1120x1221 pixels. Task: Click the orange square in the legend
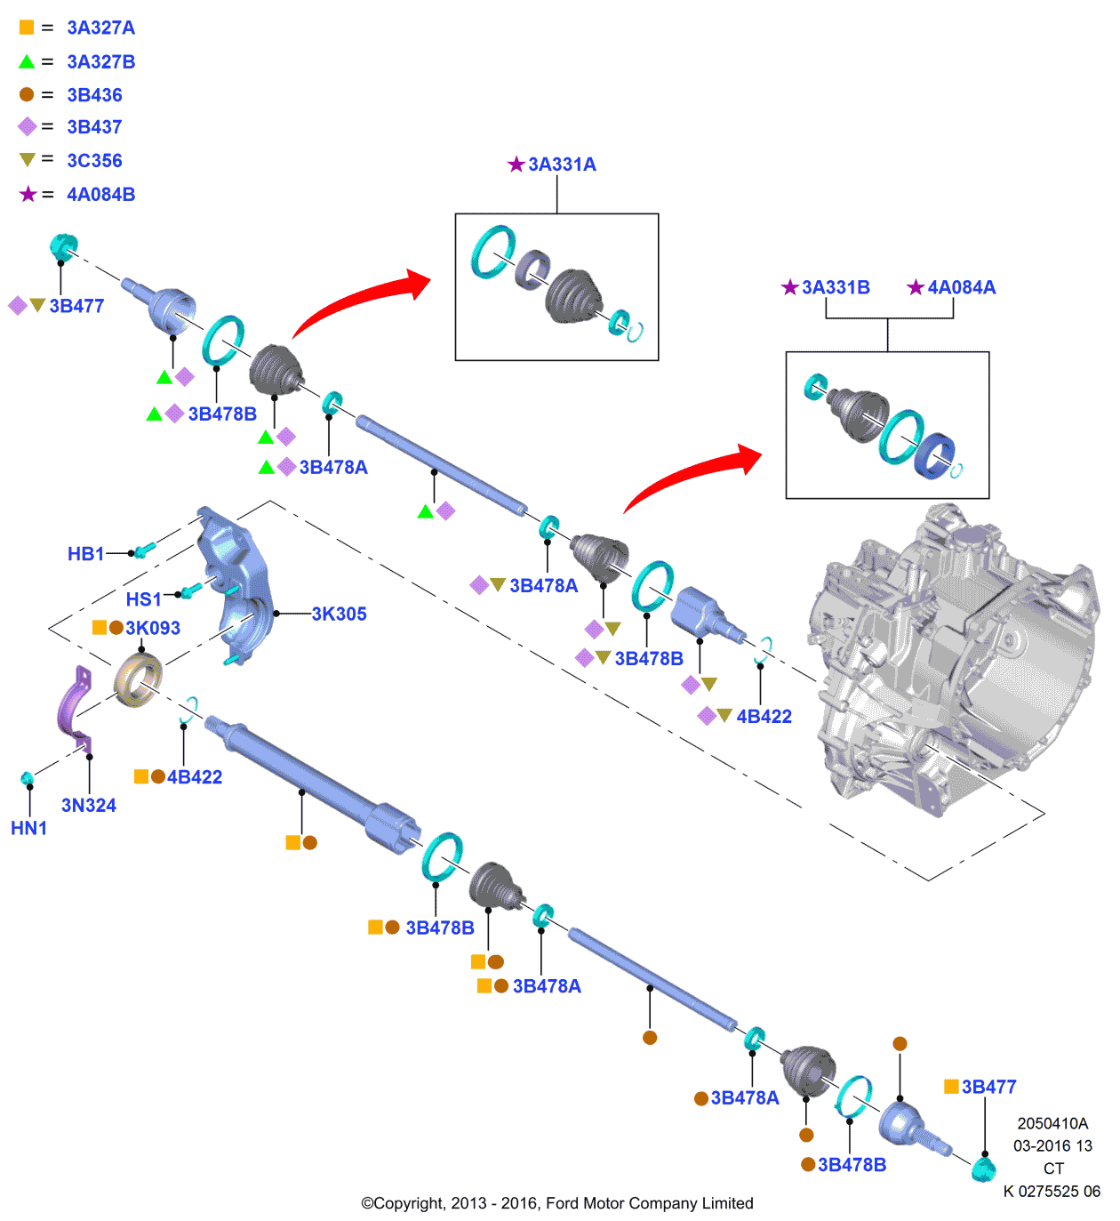[27, 28]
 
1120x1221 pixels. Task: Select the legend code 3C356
[94, 161]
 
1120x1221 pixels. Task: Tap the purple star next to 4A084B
[28, 195]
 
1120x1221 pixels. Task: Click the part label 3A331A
[562, 165]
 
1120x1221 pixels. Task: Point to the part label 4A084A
[961, 288]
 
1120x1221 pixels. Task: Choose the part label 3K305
[339, 615]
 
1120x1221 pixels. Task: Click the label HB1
[85, 554]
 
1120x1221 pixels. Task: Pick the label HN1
[28, 829]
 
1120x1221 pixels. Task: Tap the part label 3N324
[88, 806]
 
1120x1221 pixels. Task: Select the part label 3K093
[152, 629]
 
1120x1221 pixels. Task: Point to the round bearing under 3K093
[138, 680]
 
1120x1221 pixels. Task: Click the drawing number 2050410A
[1052, 1124]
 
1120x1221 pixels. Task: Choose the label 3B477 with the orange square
[988, 1088]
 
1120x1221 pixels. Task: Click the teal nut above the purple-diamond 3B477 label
[63, 245]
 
